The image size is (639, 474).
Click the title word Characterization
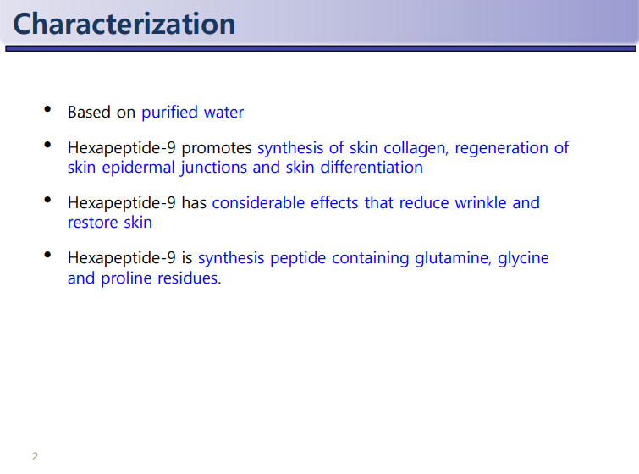(124, 24)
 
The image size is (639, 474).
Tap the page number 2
(35, 456)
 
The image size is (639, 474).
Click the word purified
(169, 113)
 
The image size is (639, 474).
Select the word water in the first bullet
(223, 113)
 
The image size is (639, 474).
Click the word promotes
(217, 148)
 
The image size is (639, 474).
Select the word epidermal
(138, 168)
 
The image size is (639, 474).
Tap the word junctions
(214, 168)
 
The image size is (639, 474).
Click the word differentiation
(372, 167)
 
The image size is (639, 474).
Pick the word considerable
(258, 202)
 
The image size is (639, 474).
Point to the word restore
(92, 223)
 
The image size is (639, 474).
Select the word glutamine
(452, 258)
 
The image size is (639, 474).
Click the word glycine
(523, 258)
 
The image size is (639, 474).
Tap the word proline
(126, 278)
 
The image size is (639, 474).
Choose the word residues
(189, 278)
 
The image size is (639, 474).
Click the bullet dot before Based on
(47, 109)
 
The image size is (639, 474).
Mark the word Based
(89, 113)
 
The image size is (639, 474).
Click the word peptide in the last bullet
(298, 258)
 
